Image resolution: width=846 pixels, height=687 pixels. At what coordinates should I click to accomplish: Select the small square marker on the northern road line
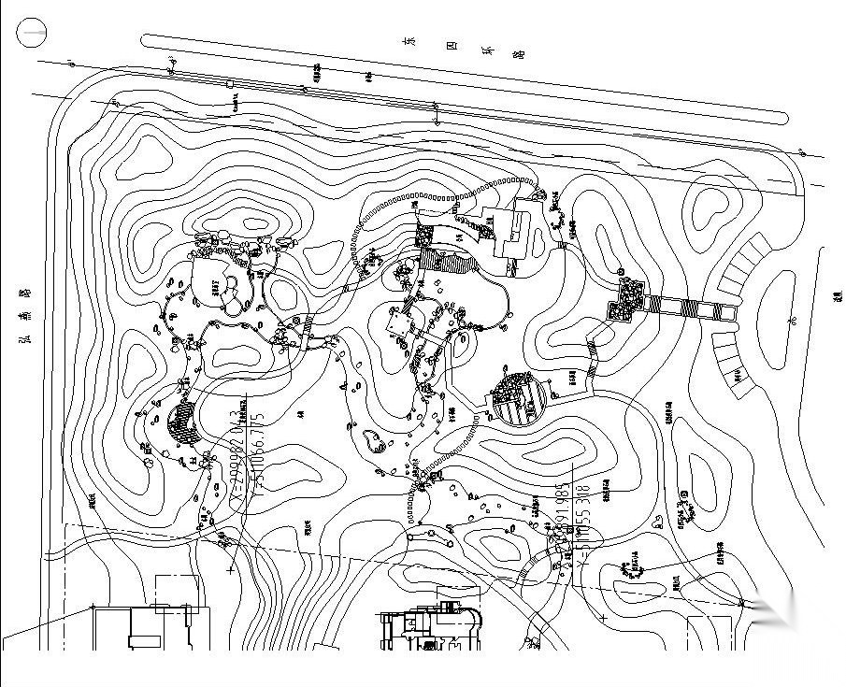(x=230, y=85)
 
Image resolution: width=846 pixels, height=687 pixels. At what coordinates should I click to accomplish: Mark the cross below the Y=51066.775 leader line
(x=230, y=566)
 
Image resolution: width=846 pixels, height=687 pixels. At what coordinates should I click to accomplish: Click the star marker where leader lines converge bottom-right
(x=745, y=603)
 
